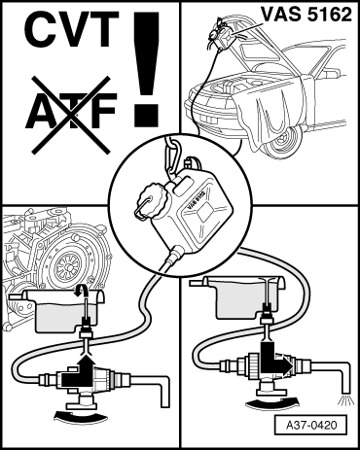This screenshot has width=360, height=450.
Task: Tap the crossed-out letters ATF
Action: tap(71, 111)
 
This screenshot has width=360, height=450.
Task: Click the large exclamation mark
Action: tap(147, 69)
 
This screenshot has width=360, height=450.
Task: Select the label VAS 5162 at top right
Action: tap(306, 15)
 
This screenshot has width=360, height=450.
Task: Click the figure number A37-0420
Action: tap(306, 425)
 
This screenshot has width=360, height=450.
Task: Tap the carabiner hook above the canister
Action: tap(174, 156)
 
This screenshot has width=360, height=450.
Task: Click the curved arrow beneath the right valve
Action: tap(271, 404)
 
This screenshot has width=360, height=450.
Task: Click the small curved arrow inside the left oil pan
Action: tap(81, 291)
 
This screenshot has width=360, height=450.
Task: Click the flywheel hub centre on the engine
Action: tap(69, 266)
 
